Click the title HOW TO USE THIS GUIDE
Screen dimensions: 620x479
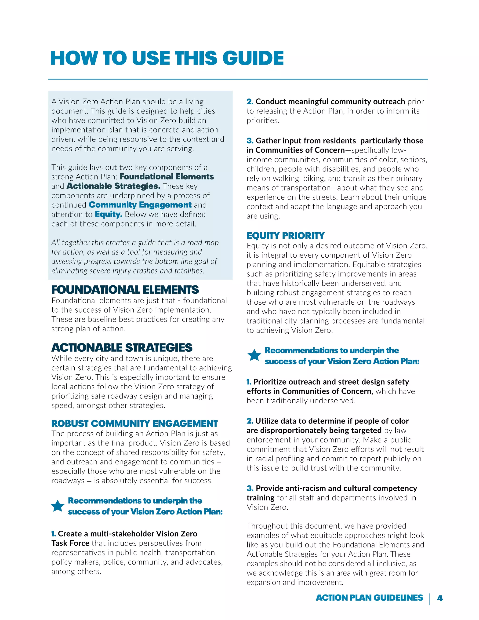167,58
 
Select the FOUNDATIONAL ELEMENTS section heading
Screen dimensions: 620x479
125,290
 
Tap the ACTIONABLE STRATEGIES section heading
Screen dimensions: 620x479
122,348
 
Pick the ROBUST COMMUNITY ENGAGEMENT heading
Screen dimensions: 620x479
134,423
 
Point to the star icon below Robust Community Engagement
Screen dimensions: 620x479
58,506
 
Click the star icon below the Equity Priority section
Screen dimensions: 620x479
254,355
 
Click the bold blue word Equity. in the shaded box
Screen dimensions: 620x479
108,214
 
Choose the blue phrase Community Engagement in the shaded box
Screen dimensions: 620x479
140,205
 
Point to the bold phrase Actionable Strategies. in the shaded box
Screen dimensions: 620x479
113,186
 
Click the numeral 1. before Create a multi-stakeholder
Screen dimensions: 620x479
54,534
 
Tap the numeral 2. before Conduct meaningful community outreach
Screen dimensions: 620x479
250,102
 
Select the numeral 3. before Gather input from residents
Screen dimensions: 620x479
250,141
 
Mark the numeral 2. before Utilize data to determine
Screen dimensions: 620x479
250,421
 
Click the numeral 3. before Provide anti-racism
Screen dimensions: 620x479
250,488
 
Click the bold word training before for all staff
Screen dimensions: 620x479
260,498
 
